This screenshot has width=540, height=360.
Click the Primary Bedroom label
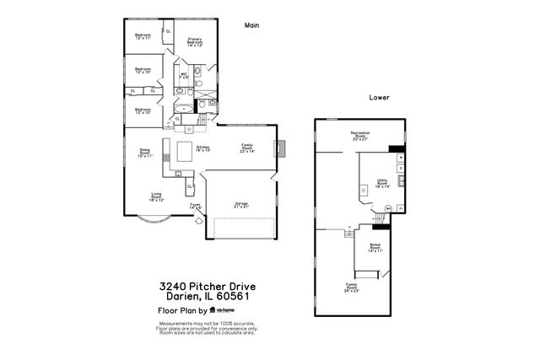click(194, 41)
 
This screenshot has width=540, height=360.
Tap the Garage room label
click(241, 204)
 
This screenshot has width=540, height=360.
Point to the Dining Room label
click(145, 153)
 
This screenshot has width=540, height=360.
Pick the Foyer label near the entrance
click(195, 205)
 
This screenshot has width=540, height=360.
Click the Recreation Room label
click(361, 135)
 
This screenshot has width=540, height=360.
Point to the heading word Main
click(251, 25)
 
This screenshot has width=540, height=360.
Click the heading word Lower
click(379, 98)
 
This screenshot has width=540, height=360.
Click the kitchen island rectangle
click(184, 151)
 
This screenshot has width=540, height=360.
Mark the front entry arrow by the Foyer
click(197, 221)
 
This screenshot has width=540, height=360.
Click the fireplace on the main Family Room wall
click(282, 148)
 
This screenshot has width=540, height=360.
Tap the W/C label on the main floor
click(184, 75)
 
